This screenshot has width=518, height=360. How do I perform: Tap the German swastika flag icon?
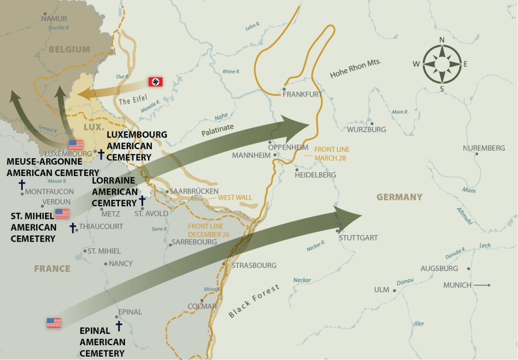point(155,81)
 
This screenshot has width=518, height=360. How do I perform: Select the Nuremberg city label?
point(484,148)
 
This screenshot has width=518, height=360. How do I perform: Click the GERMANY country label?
point(399,197)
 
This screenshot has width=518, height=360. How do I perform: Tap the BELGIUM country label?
point(69,50)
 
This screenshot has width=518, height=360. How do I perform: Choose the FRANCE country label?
point(52,268)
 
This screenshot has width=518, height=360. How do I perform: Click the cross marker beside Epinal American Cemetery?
point(119,325)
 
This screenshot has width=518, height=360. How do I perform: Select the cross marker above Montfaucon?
point(22,184)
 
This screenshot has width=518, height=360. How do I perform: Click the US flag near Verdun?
point(62,213)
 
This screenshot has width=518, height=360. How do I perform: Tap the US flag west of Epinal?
point(54,322)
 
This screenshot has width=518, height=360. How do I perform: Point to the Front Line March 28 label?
point(332,153)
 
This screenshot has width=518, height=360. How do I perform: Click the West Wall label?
point(235,198)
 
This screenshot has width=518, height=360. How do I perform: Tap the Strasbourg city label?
point(254,265)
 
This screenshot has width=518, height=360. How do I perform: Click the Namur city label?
point(54,19)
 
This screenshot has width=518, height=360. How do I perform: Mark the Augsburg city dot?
point(469,269)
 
